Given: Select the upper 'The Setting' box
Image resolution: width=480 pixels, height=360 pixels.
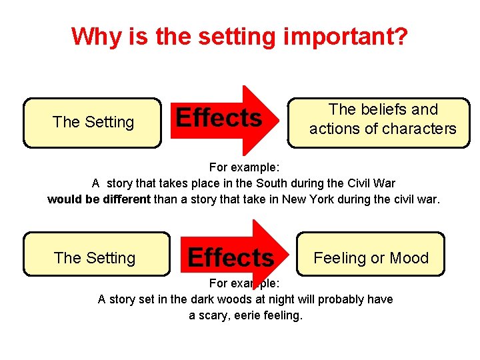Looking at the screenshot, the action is click(93, 122).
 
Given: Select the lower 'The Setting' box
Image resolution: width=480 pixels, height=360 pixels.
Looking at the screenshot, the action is click(96, 258).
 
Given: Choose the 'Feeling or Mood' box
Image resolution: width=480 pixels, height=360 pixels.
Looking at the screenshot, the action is click(371, 258).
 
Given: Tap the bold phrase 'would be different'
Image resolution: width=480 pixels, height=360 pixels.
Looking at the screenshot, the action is click(99, 199).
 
